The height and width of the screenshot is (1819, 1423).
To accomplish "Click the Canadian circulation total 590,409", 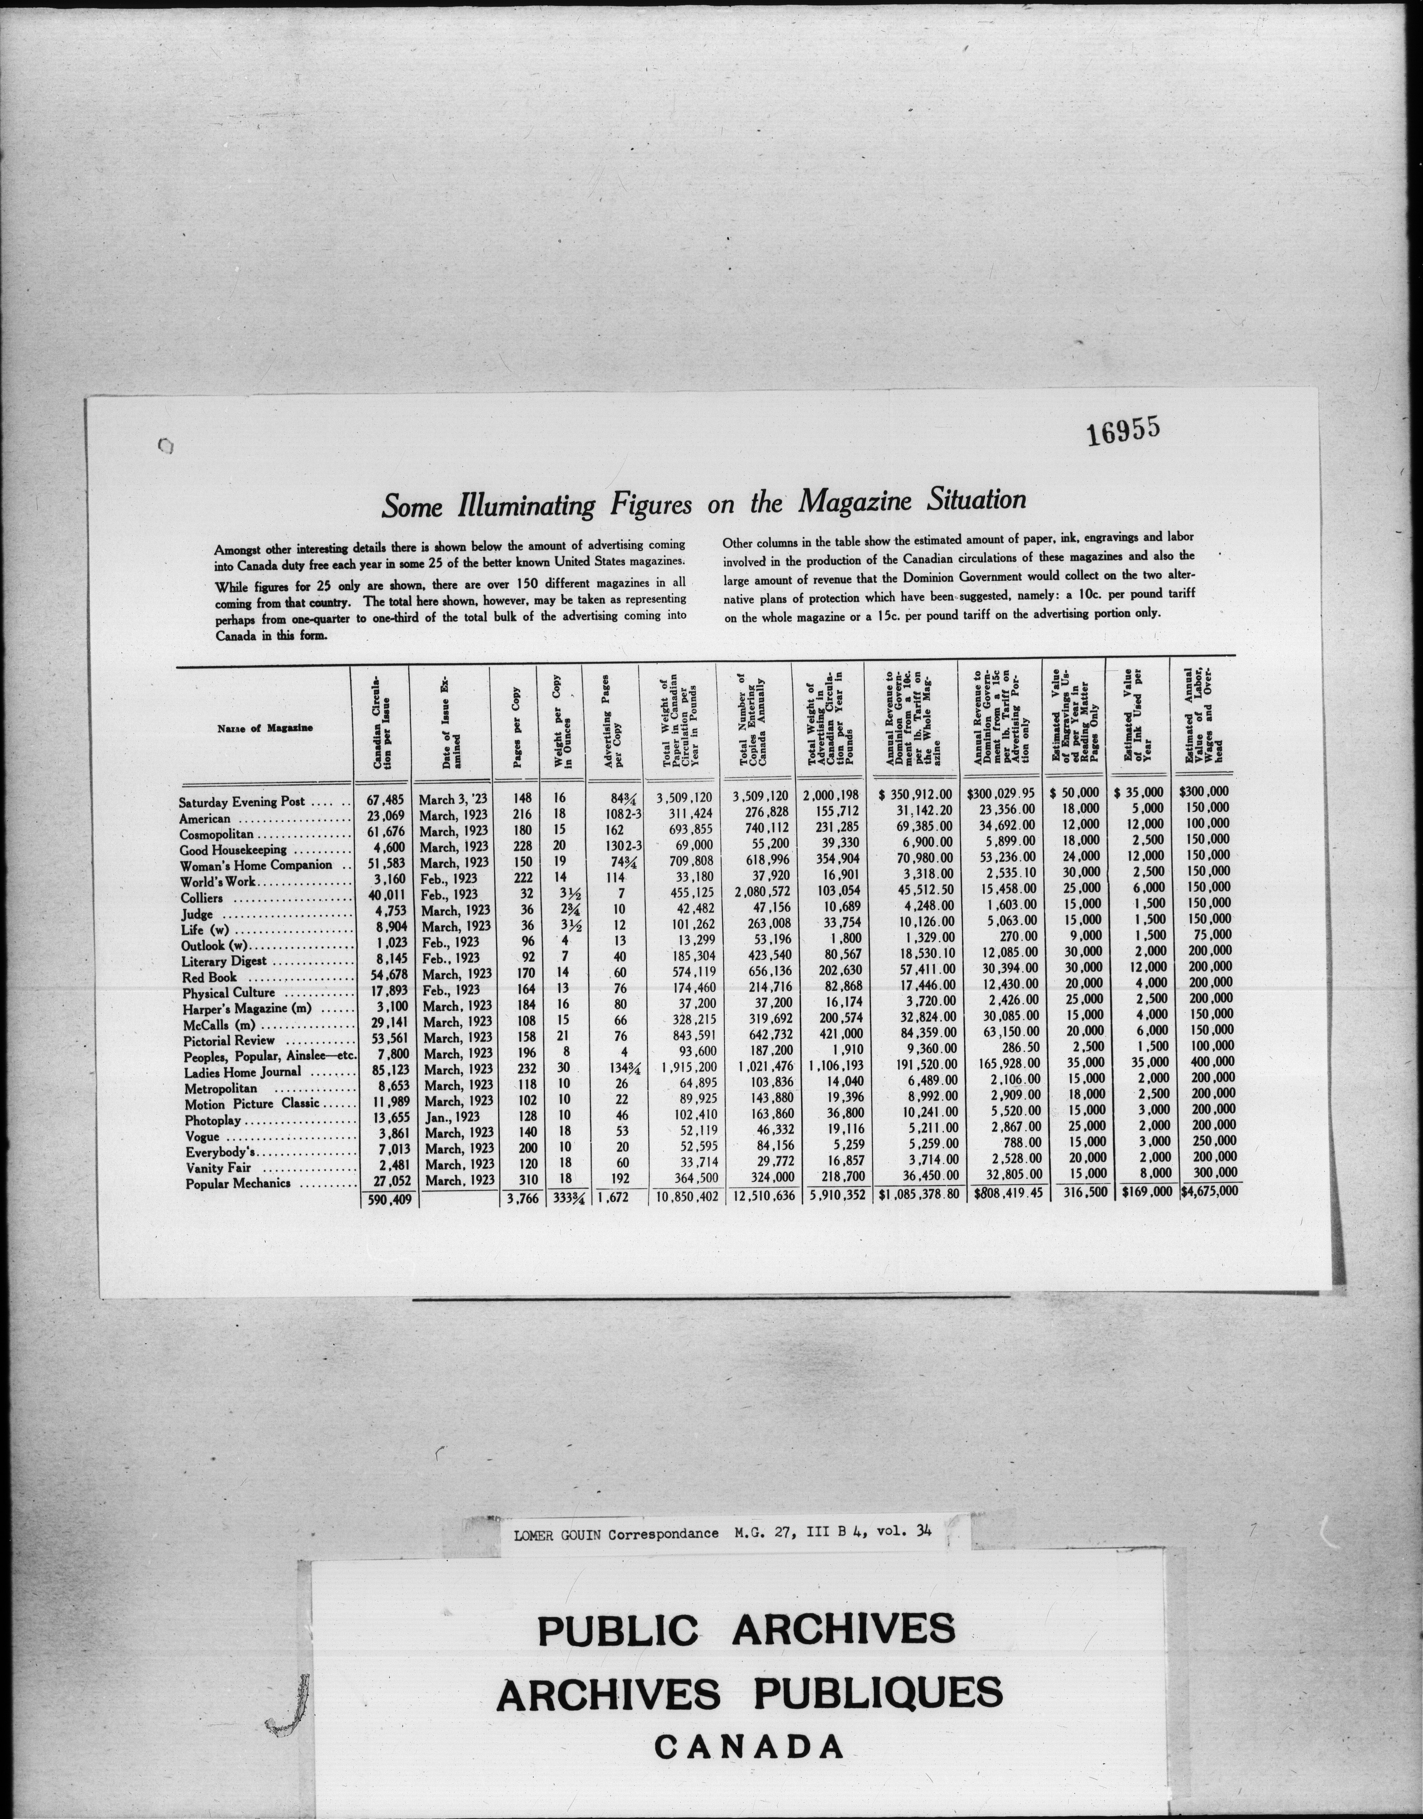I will coord(385,1201).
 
